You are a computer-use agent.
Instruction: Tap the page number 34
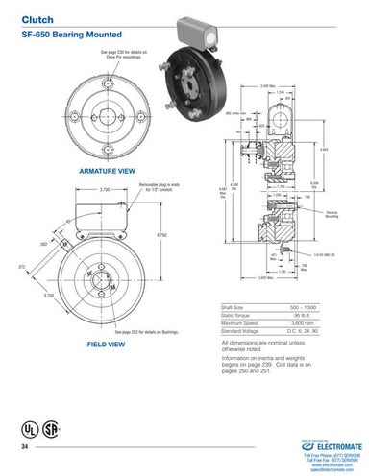pos(25,448)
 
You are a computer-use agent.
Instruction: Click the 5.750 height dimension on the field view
pos(160,235)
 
